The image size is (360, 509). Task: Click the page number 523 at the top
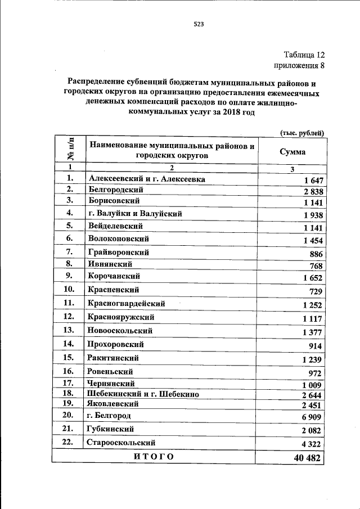(x=198, y=24)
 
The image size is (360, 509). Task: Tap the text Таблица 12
(x=304, y=55)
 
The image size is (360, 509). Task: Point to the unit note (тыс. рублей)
(x=302, y=133)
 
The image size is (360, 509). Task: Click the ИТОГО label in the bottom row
(x=154, y=456)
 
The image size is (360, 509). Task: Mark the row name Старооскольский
(x=121, y=442)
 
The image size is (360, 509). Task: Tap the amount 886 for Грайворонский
(x=315, y=254)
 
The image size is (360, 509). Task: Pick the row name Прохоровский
(x=116, y=344)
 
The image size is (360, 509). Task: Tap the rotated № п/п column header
(x=70, y=149)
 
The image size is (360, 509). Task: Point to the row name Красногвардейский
(x=126, y=303)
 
